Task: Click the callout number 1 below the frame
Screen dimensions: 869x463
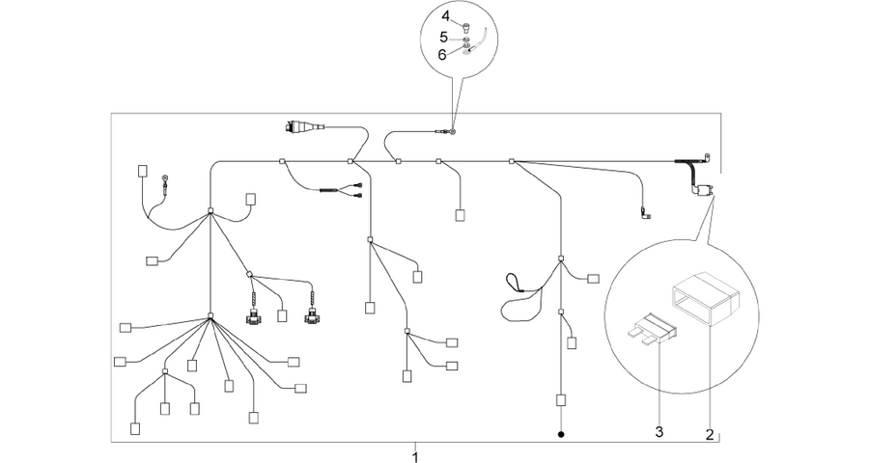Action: click(415, 457)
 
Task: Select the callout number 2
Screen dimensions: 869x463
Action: click(710, 435)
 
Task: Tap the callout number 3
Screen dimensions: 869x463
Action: click(659, 432)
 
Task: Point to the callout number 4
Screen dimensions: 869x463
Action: click(446, 16)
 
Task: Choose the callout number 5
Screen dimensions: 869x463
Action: click(444, 37)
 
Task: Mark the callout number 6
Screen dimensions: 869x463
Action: click(442, 55)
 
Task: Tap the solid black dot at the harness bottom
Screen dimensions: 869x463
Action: click(561, 434)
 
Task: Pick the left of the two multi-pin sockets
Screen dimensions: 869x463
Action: click(254, 318)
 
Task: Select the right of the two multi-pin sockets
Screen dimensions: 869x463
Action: click(312, 318)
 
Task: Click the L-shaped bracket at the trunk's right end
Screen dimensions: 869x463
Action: click(706, 159)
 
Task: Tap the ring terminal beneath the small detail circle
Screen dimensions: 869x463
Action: click(453, 132)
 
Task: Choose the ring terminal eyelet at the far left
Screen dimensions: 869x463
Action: click(164, 178)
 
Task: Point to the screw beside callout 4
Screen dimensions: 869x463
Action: click(465, 25)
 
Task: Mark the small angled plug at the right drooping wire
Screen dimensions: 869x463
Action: click(646, 212)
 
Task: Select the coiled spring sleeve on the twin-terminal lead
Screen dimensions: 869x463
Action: click(328, 191)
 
